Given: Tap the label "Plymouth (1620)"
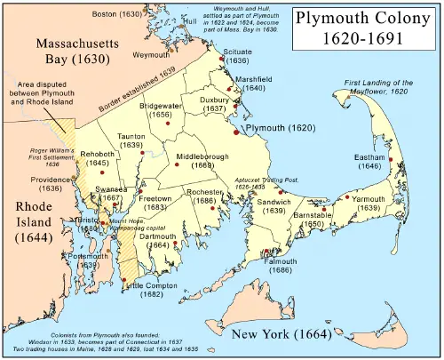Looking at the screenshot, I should [x=277, y=129].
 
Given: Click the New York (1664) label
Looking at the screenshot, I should [x=280, y=334].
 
